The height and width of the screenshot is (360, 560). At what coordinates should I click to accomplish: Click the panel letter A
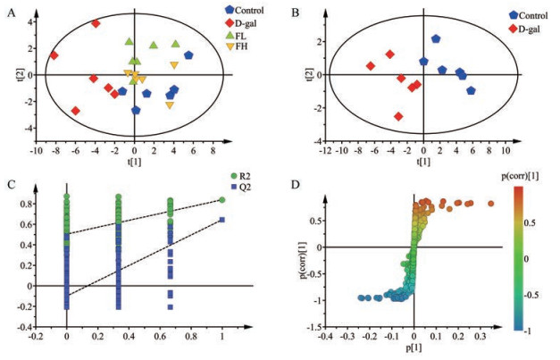(x=11, y=13)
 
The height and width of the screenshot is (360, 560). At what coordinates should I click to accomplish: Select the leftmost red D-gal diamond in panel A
(x=54, y=55)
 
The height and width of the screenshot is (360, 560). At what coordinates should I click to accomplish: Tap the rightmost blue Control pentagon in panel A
(x=188, y=55)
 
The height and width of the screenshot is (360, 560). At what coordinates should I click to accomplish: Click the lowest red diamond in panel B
(x=398, y=116)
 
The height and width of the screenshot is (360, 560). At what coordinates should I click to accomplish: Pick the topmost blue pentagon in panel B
(x=436, y=39)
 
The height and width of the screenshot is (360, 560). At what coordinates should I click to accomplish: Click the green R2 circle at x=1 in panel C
(x=221, y=199)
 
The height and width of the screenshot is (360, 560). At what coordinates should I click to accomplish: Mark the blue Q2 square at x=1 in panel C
(x=221, y=219)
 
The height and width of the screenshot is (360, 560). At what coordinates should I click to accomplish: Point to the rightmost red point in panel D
(x=490, y=204)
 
